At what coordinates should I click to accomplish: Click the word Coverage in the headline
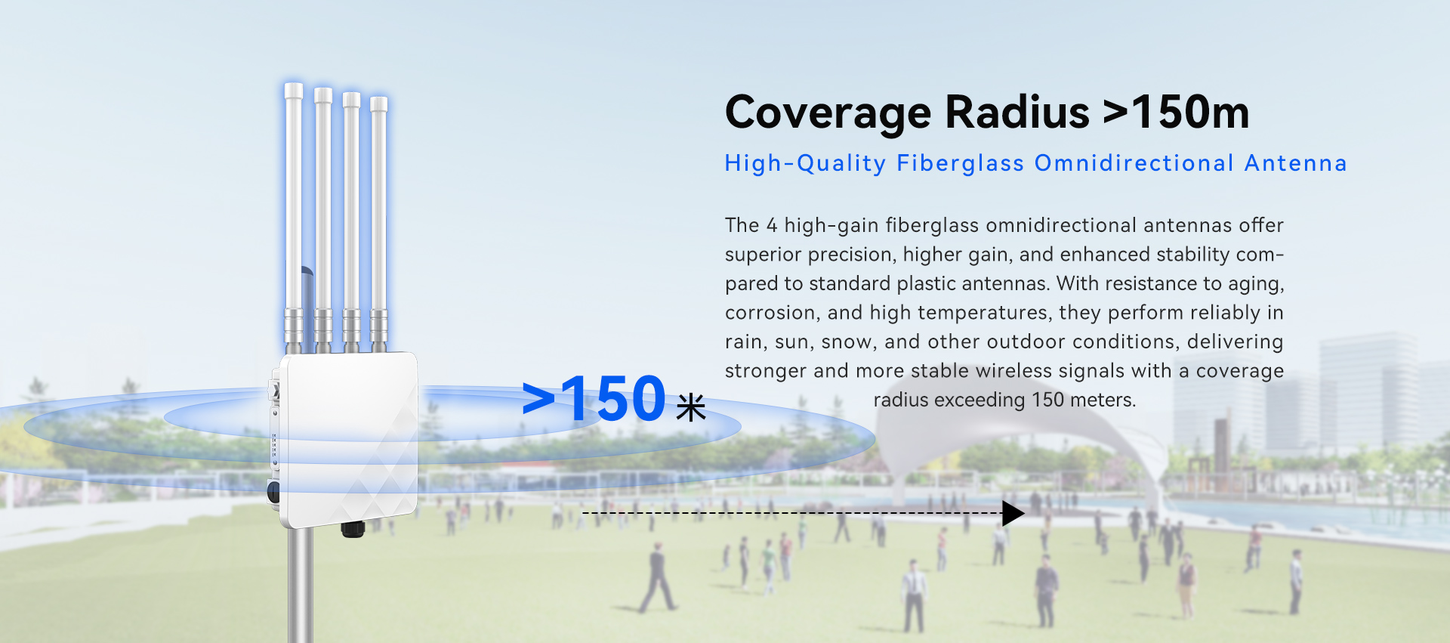[828, 113]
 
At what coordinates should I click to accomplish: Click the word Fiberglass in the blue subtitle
[960, 164]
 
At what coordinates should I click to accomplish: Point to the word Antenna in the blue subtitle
[1295, 163]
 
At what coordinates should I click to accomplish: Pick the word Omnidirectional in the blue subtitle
[1134, 163]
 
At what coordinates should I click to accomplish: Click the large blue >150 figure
[594, 398]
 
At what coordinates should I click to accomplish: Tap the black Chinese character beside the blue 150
[691, 407]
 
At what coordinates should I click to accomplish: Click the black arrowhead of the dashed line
[1013, 513]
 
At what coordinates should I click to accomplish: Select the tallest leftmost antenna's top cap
[293, 91]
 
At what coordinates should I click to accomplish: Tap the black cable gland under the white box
[353, 528]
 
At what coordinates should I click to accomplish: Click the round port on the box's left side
[273, 493]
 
